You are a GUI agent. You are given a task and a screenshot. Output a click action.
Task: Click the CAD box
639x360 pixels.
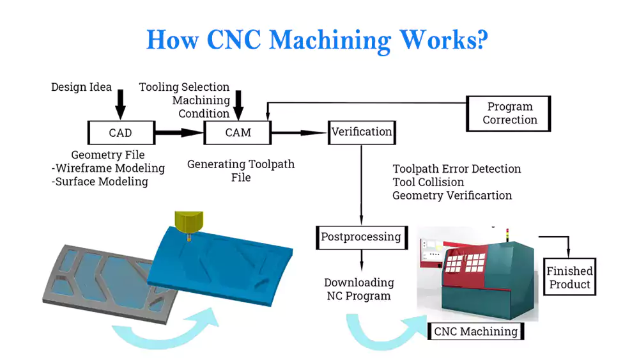[120, 133]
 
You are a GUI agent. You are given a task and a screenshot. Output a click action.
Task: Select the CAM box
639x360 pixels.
[238, 133]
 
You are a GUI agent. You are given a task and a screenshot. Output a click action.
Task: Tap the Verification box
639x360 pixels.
[362, 132]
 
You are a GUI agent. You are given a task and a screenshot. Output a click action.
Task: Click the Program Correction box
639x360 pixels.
[509, 113]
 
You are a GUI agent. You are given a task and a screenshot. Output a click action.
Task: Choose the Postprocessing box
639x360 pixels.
[361, 237]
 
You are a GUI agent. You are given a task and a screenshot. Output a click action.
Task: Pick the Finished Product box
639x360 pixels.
[569, 277]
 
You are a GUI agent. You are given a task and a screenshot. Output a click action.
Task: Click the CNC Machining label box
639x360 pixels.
[475, 331]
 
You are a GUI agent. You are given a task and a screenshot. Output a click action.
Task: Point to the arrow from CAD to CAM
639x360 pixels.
[178, 133]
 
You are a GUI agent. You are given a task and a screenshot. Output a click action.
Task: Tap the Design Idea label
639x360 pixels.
[81, 87]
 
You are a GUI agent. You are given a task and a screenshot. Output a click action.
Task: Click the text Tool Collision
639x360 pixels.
[428, 182]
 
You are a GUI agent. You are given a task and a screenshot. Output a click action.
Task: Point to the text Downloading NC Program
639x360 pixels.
[359, 289]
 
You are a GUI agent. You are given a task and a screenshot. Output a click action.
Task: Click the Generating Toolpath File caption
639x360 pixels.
[241, 171]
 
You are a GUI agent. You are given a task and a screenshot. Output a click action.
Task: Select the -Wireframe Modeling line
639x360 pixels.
[107, 168]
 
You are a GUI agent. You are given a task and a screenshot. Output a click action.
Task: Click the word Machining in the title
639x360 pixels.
[330, 40]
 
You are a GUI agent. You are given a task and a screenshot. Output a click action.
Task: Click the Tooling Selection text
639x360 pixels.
[184, 87]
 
